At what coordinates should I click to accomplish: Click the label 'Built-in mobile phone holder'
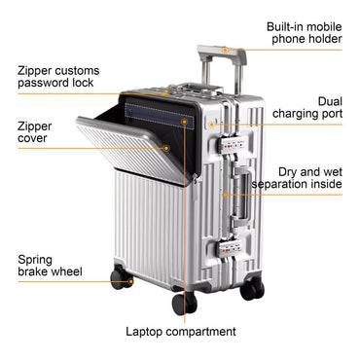[305, 33]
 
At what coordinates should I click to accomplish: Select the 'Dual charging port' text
[315, 108]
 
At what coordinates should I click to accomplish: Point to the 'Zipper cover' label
[35, 132]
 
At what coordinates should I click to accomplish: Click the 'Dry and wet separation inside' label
[298, 177]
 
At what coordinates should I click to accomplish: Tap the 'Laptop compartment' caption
[181, 332]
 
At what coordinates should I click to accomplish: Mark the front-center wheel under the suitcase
[184, 302]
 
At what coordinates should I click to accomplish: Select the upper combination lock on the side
[234, 142]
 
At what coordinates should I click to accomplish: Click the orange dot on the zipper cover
[167, 148]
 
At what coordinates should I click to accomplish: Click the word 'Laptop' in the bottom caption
[147, 332]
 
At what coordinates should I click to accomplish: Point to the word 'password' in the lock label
[44, 85]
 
